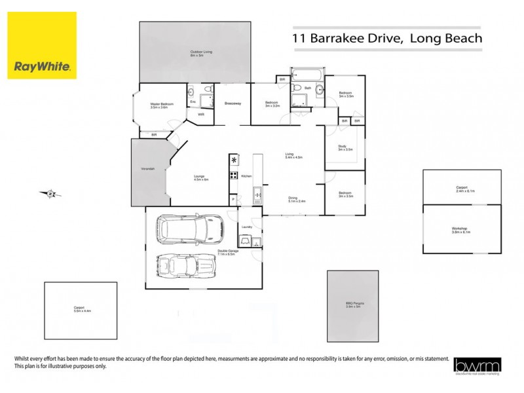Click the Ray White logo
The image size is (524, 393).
(42, 45)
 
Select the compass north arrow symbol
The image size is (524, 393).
(49, 193)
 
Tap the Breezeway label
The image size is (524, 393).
(233, 103)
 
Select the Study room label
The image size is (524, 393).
(345, 147)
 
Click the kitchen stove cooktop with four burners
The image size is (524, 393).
(233, 175)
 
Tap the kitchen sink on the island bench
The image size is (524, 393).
(257, 193)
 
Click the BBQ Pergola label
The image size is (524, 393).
(354, 304)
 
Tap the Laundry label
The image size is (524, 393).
(247, 227)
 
